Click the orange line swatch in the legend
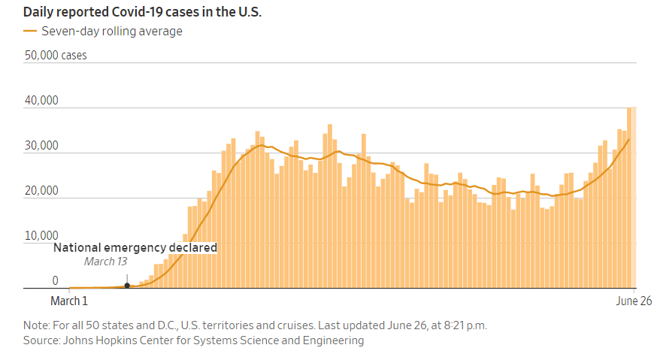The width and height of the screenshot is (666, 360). coord(30,32)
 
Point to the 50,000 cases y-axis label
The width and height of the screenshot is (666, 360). coord(56,56)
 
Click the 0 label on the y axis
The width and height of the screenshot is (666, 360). coord(55,281)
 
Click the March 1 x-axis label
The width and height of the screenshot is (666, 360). coord(69,301)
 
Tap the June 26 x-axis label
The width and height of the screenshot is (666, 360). coord(634,301)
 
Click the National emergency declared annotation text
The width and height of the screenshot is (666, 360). coord(135,247)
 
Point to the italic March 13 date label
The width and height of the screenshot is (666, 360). coord(105,262)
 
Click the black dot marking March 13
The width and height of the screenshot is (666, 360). coord(127,286)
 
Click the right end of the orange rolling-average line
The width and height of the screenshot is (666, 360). coord(629,139)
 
